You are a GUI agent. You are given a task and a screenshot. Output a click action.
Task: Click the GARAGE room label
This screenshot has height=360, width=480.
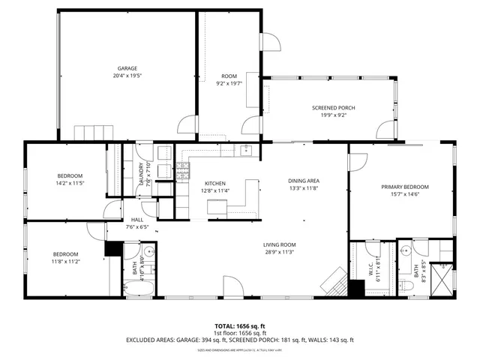[127, 68]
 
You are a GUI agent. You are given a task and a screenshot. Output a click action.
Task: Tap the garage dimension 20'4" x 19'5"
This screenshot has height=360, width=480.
[127, 76]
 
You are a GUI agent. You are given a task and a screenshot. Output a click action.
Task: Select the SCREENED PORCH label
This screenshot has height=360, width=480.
[333, 108]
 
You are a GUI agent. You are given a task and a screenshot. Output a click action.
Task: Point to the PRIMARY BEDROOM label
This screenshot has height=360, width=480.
[404, 187]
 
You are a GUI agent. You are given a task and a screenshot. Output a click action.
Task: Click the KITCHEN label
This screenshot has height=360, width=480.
[215, 183]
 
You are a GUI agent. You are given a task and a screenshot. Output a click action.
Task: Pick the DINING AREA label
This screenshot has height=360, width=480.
[304, 180]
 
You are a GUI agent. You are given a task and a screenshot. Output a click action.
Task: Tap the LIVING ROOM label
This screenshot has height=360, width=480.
[279, 244]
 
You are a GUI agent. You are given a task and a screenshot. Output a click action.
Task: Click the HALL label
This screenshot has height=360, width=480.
[137, 220]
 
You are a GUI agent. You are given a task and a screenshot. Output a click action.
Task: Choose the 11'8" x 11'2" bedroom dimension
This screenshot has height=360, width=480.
[66, 261]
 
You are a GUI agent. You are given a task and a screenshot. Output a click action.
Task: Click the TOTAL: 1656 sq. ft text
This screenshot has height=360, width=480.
[239, 326]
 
